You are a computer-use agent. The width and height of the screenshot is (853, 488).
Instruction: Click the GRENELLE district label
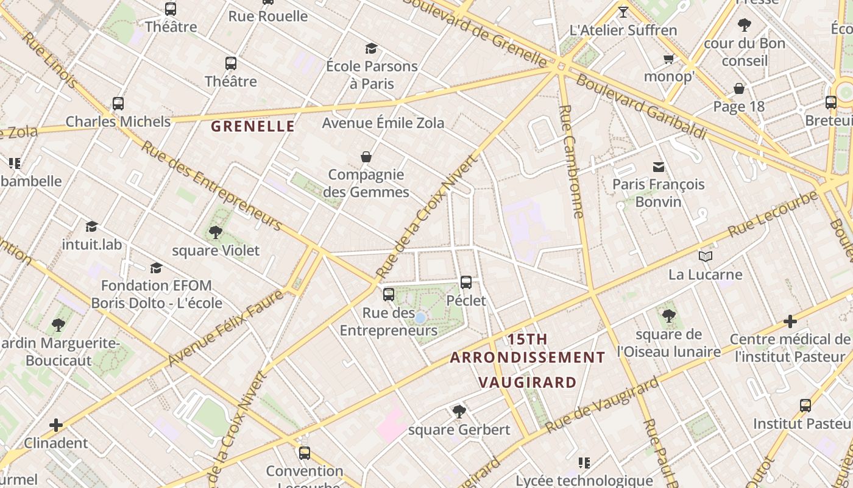tap(253, 127)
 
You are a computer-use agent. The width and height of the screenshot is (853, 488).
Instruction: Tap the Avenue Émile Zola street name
tap(383, 123)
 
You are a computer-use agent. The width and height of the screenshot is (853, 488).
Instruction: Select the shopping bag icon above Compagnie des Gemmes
tap(366, 157)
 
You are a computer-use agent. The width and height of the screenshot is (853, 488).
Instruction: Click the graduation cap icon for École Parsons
tap(371, 49)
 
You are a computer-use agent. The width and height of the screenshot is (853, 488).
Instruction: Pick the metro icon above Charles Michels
tap(118, 104)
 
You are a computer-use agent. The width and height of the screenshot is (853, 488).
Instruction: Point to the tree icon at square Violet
tap(215, 232)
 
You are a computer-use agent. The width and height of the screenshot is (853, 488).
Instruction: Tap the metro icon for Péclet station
tap(466, 282)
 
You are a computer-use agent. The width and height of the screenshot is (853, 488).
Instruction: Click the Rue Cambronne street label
tap(571, 162)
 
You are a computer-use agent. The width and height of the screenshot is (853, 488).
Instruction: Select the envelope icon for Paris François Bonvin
tap(659, 167)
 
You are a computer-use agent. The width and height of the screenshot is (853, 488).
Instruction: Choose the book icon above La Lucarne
tap(706, 257)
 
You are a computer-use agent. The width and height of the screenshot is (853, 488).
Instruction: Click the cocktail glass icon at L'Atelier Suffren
tap(623, 12)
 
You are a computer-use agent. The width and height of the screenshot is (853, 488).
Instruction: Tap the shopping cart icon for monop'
tap(668, 59)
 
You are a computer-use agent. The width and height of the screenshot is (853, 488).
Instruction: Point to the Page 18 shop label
tap(738, 107)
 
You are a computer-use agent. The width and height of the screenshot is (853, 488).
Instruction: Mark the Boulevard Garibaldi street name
tap(641, 107)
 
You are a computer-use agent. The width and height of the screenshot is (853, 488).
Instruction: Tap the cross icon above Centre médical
tap(790, 321)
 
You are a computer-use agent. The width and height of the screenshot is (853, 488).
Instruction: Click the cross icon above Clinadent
tap(56, 425)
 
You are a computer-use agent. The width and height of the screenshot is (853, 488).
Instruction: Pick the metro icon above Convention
tap(305, 453)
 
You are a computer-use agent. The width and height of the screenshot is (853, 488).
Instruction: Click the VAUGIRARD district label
tap(527, 383)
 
